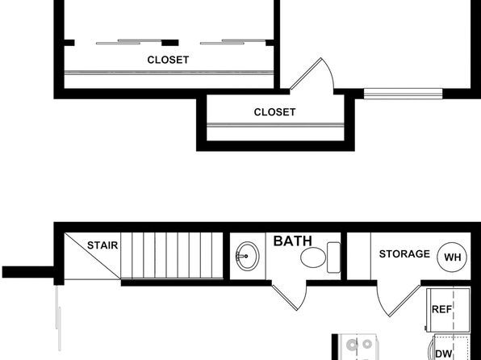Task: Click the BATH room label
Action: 292,241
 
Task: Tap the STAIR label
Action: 102,245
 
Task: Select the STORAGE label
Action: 404,253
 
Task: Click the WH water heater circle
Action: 452,257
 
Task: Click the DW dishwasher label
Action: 444,354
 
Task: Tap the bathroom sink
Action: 248,256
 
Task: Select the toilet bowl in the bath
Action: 313,257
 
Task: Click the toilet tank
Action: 333,257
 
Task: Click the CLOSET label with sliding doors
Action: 168,60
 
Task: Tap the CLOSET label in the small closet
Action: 275,112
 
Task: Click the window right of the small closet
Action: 403,94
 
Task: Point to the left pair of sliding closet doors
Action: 129,42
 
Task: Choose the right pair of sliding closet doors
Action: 232,42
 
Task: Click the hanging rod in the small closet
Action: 275,125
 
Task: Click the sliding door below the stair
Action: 58,318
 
